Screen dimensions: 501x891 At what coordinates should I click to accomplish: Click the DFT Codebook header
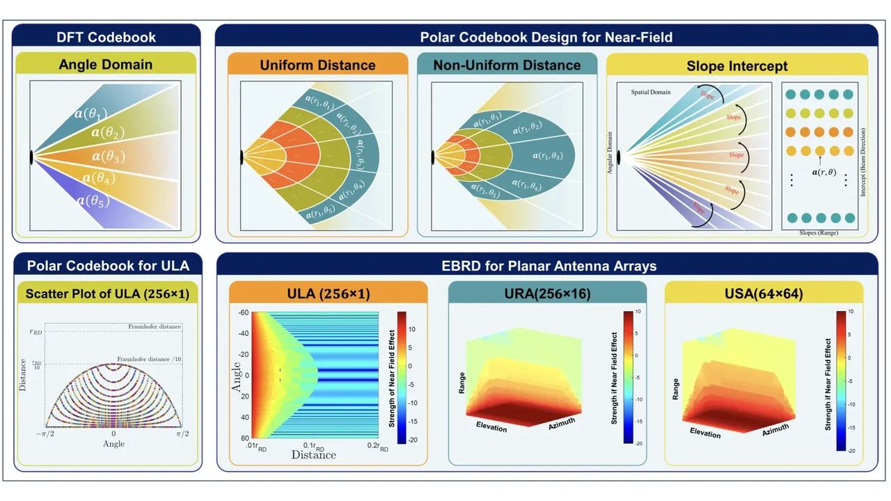107,38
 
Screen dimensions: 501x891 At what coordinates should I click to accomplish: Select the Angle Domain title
106,65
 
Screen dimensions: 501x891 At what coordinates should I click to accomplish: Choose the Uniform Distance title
317,65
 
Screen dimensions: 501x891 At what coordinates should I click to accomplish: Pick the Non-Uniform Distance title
507,65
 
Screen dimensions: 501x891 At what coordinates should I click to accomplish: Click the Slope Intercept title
736,66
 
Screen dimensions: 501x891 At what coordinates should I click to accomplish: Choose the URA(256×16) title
547,294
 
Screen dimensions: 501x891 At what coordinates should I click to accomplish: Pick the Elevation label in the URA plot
491,426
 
